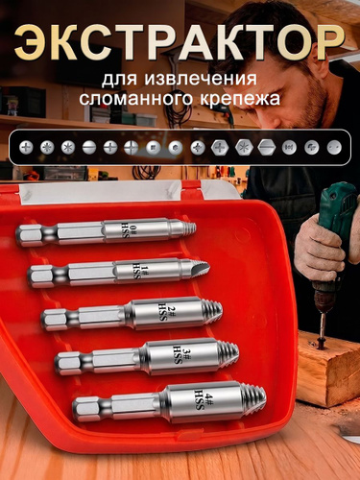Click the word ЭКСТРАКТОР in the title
pyautogui.click(x=180, y=43)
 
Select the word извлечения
pyautogui.click(x=201, y=79)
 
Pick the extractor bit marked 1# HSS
pyautogui.click(x=118, y=273)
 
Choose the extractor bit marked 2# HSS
pyautogui.click(x=132, y=314)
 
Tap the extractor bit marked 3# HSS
pyautogui.click(x=147, y=357)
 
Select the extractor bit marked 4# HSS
pyautogui.click(x=169, y=402)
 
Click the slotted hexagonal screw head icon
pyautogui.click(x=266, y=148)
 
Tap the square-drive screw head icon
pyautogui.click(x=154, y=148)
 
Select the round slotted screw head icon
pyautogui.click(x=89, y=148)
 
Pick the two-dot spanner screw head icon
pyautogui.click(x=334, y=148)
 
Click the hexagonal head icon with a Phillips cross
pyautogui.click(x=221, y=148)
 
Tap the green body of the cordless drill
pyautogui.click(x=339, y=208)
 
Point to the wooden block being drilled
pyautogui.click(x=328, y=368)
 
